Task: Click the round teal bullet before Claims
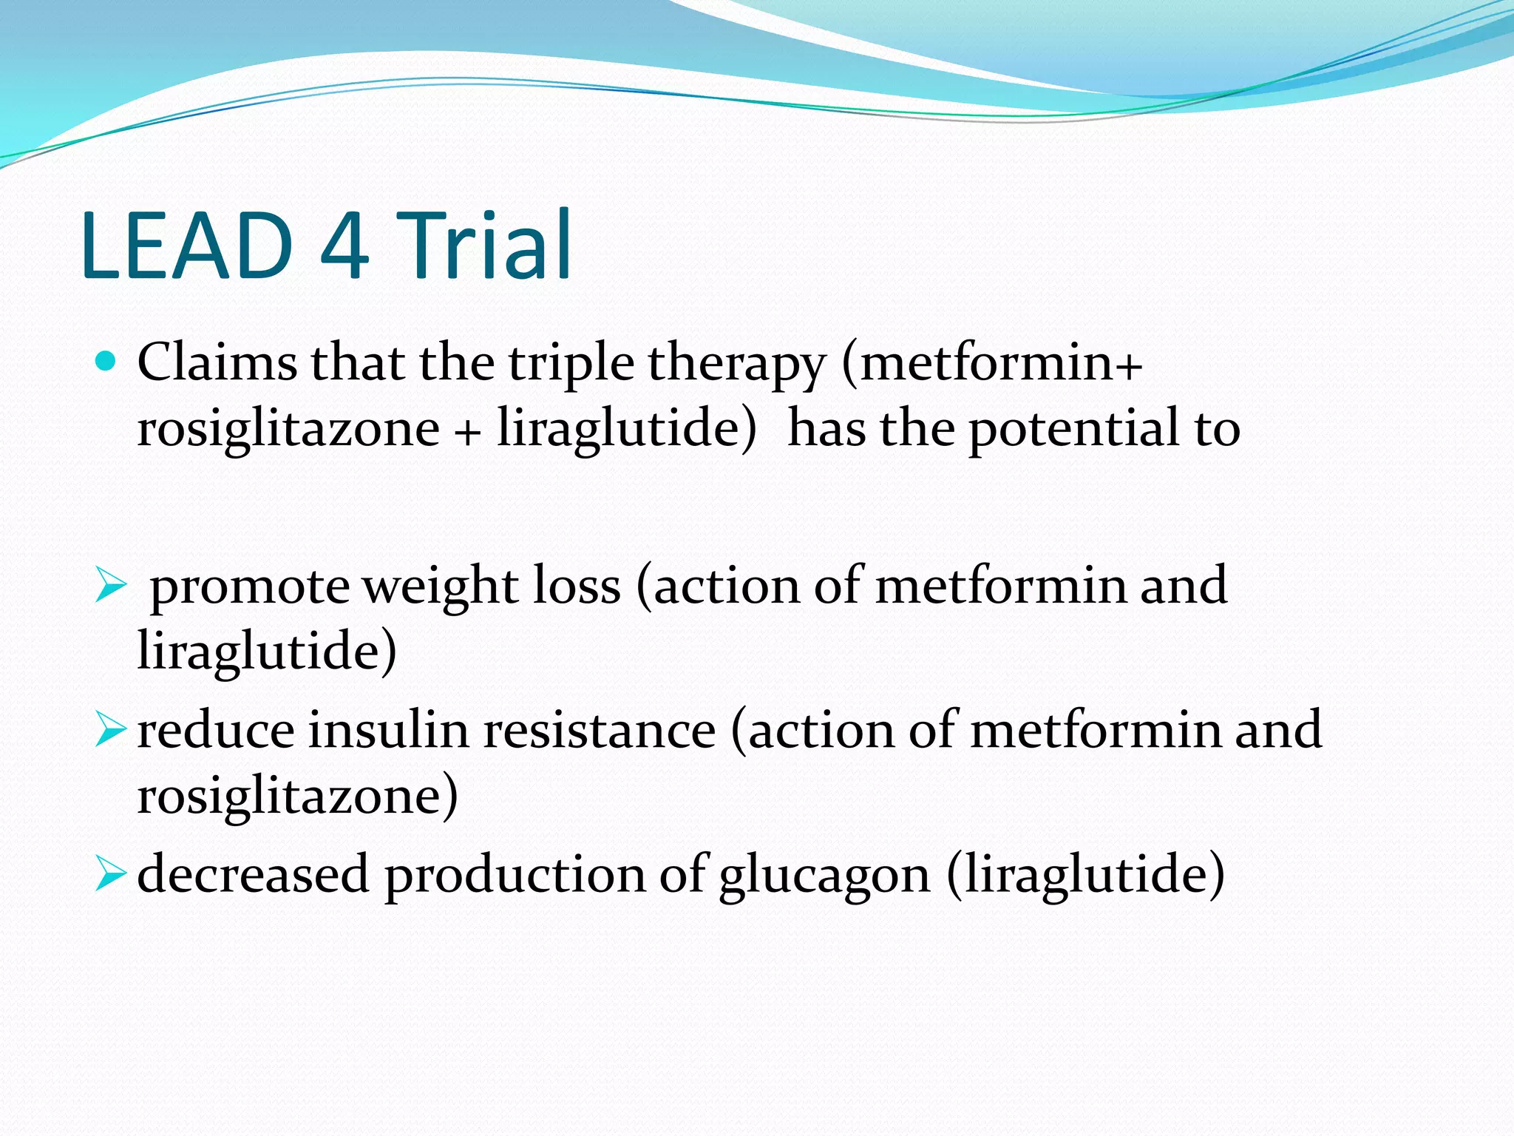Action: coord(106,362)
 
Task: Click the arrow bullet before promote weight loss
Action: coord(111,588)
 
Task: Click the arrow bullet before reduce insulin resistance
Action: coord(111,730)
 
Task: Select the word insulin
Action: coord(389,730)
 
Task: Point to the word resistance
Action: coord(600,730)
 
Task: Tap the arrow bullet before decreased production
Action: coord(111,874)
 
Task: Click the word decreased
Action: coord(252,874)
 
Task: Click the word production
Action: coord(515,876)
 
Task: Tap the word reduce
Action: coord(216,730)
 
